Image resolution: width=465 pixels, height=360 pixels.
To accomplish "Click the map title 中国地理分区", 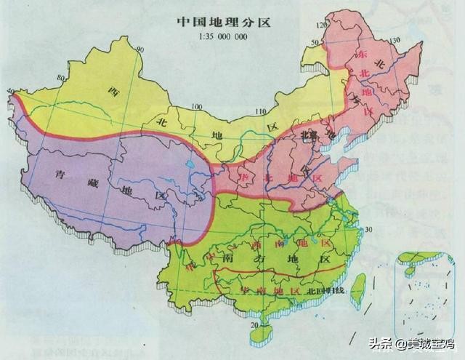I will (223, 21).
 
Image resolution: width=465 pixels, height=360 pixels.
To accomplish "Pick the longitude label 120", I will (315, 25).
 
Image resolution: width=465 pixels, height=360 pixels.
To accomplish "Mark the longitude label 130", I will (396, 38).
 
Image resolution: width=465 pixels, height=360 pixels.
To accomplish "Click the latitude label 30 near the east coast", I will (368, 229).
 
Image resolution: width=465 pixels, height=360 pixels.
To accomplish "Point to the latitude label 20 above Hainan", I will (254, 325).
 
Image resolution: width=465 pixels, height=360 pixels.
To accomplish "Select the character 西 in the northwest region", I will (113, 91).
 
